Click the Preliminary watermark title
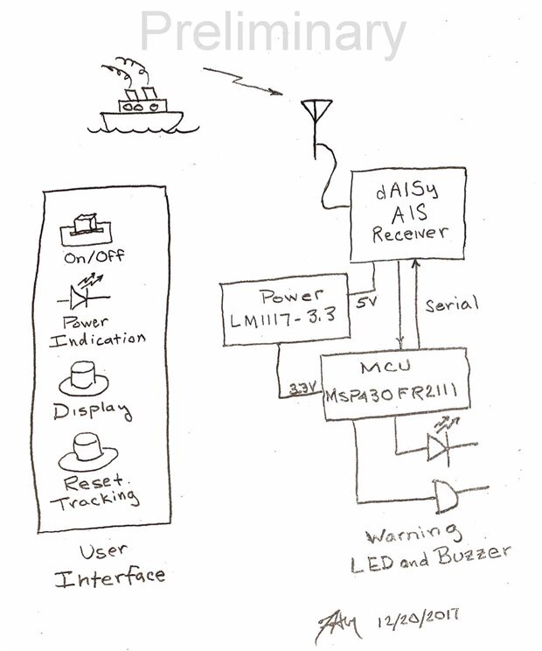click(x=272, y=32)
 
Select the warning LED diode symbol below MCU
click(x=440, y=447)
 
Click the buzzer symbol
click(x=447, y=499)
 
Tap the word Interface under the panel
click(x=110, y=577)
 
